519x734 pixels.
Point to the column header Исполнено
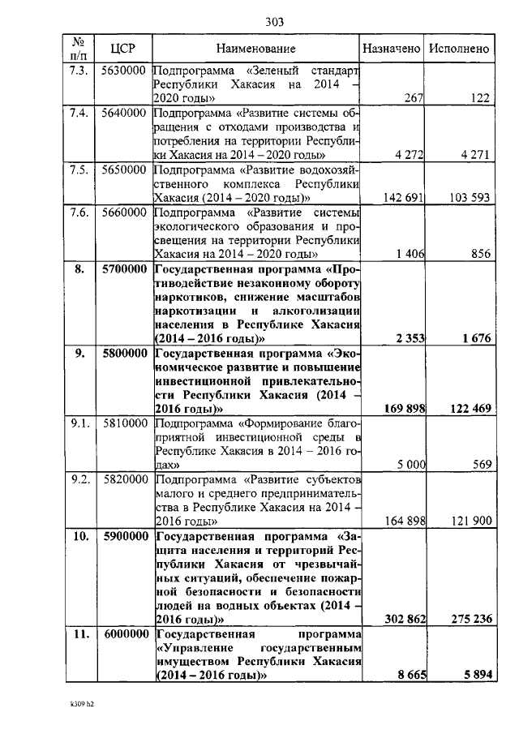point(460,49)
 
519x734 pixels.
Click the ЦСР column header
point(122,49)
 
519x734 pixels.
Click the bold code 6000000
point(124,633)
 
